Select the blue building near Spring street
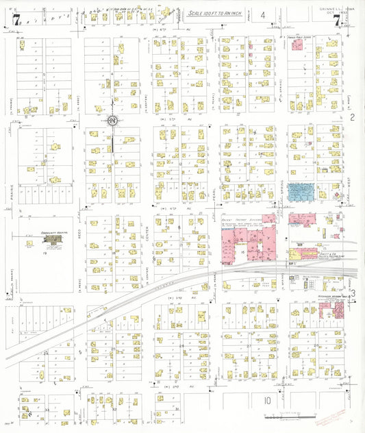click(x=301, y=193)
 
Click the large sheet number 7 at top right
click(x=336, y=21)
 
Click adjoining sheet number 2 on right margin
click(x=353, y=118)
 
